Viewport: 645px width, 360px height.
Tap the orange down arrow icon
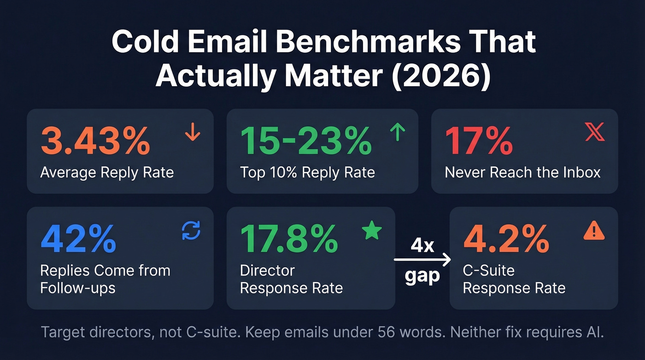192,133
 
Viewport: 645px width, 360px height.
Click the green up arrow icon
397,133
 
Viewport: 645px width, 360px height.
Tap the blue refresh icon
191,230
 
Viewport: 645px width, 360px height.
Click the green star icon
372,230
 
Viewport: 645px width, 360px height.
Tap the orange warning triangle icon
594,230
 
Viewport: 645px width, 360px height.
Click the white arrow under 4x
422,261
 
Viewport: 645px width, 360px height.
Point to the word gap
422,277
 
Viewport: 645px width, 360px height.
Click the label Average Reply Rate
107,172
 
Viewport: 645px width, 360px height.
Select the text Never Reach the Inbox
522,172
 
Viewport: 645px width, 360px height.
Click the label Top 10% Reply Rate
307,172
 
